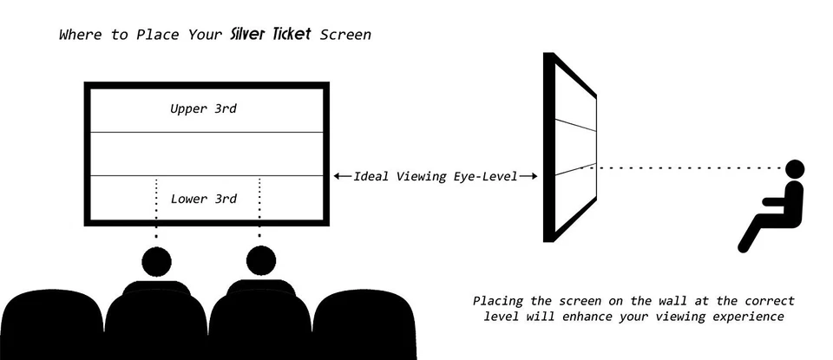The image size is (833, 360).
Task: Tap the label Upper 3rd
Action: [204, 109]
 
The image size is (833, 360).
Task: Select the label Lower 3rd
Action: [204, 199]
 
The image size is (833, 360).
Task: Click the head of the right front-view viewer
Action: [260, 260]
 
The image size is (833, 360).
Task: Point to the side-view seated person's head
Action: [795, 168]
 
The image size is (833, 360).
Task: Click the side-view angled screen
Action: [569, 147]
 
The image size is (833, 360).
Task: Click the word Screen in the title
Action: [346, 36]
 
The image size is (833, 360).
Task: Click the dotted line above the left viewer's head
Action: [156, 208]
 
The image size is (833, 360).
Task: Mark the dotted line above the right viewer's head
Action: [260, 208]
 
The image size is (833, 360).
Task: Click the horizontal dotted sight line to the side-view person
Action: [685, 167]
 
